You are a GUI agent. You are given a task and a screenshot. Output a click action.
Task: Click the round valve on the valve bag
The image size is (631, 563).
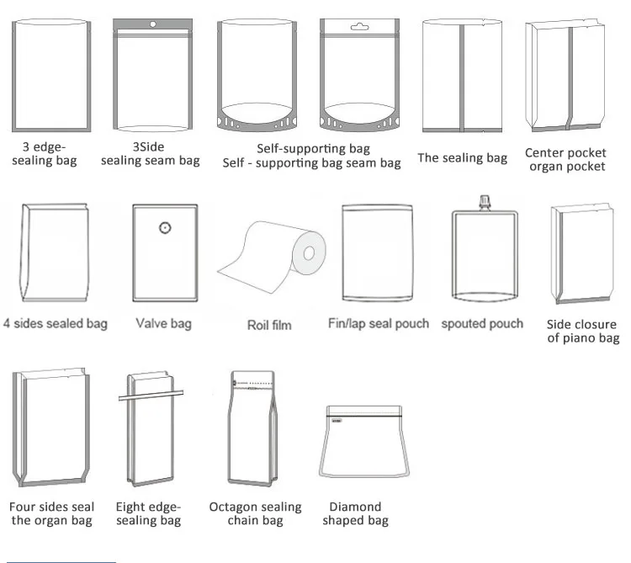click(165, 226)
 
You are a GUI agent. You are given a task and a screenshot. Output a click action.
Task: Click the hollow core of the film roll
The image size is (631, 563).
click(308, 252)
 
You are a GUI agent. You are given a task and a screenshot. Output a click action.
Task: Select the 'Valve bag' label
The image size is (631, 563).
click(163, 323)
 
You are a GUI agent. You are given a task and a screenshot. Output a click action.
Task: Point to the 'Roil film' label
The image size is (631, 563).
click(269, 325)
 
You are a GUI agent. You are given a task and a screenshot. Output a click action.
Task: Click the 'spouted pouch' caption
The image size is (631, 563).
click(482, 323)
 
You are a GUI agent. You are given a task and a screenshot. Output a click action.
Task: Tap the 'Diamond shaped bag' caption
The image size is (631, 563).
click(355, 513)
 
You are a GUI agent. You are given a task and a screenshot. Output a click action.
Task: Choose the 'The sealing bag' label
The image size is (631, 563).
click(462, 157)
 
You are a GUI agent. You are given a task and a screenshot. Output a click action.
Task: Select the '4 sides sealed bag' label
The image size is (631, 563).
click(56, 323)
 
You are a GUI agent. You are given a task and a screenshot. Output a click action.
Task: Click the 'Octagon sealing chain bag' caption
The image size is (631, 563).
click(255, 513)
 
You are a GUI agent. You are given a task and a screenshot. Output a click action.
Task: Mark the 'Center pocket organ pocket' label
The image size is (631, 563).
click(565, 159)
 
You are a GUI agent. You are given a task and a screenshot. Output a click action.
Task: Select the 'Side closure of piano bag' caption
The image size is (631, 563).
click(582, 331)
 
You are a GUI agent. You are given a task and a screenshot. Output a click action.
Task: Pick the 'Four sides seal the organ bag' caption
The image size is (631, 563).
click(51, 513)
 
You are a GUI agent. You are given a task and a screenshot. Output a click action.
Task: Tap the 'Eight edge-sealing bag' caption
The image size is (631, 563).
click(148, 513)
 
